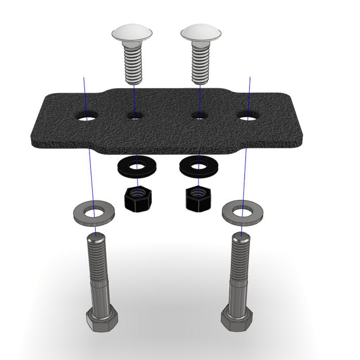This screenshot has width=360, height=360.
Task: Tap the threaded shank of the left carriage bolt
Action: (134, 65)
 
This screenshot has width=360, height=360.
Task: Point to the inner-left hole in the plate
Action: (134, 117)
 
